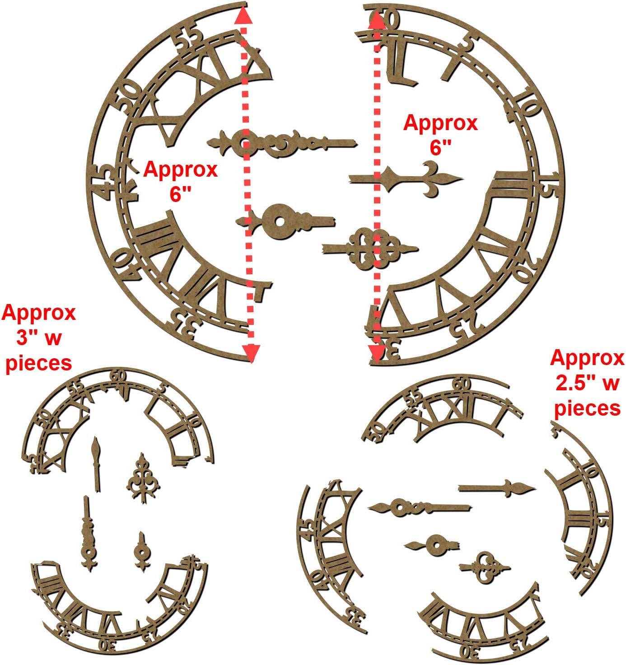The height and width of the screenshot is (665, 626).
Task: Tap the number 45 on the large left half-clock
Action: pyautogui.click(x=103, y=182)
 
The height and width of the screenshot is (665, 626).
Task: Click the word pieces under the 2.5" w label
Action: pyautogui.click(x=587, y=408)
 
